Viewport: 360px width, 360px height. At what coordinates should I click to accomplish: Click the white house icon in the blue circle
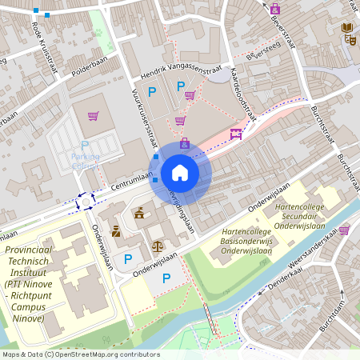(x=179, y=173)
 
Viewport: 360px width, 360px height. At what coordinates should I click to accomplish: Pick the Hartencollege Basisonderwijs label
(x=249, y=241)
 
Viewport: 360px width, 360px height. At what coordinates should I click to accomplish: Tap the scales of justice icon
(x=157, y=246)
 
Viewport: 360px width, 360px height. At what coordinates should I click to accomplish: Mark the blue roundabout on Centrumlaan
(x=86, y=201)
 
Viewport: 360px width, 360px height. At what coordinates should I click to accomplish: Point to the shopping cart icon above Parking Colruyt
(x=94, y=116)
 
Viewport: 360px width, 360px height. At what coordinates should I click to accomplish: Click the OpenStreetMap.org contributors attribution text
(x=108, y=354)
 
